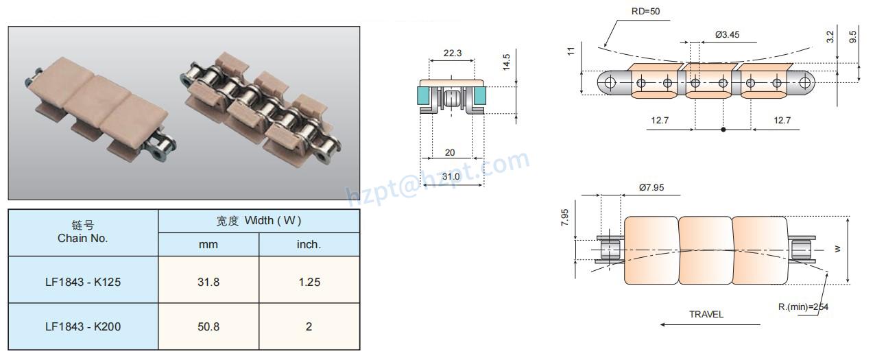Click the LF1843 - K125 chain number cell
coord(83,281)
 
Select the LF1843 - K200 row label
coord(83,326)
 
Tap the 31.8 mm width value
coord(208,281)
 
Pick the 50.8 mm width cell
coord(208,326)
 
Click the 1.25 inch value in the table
coord(309,281)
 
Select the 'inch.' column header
coord(309,244)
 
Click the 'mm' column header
coord(208,244)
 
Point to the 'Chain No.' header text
coord(83,239)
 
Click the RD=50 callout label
coord(645,11)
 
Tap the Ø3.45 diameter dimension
coord(726,34)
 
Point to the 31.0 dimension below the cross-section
coord(451,176)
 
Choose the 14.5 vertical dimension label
coord(505,63)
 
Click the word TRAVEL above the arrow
coord(706,315)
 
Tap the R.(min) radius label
coord(803,307)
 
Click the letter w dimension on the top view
coord(837,249)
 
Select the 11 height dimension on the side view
coord(571,51)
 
